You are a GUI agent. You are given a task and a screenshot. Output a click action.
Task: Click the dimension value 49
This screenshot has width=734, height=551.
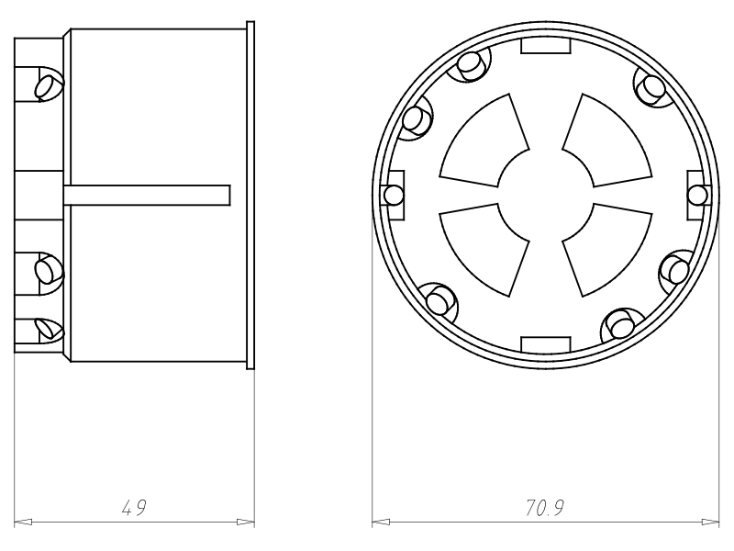tap(134, 508)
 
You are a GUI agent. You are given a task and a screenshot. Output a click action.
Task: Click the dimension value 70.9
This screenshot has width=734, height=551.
tap(544, 508)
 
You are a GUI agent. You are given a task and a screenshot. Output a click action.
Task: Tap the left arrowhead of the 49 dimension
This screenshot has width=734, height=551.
tap(24, 522)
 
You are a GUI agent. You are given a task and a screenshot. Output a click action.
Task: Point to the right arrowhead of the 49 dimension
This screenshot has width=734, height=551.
tap(246, 522)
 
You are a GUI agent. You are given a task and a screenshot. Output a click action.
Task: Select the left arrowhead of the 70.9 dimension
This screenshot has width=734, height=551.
tap(381, 522)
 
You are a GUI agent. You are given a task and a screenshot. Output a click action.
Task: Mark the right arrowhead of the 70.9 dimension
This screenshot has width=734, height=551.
tap(710, 522)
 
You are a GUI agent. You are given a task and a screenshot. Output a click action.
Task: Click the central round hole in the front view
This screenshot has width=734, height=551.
tap(545, 196)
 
